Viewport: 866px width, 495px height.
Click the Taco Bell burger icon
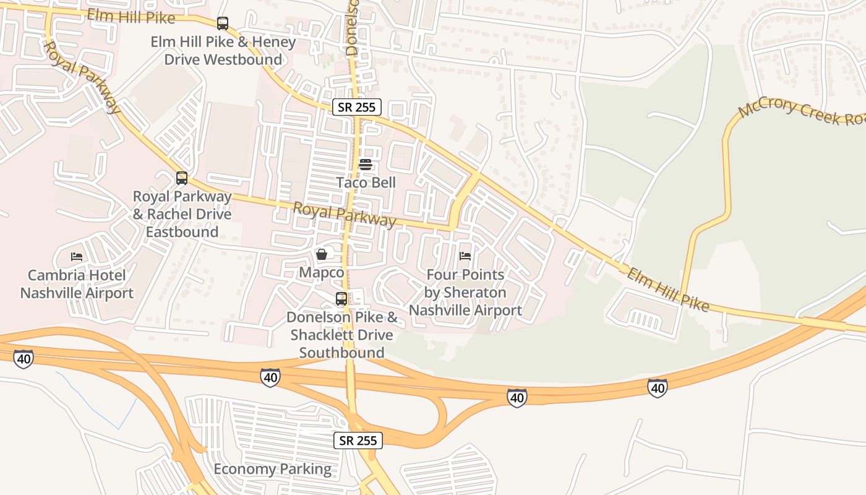365,165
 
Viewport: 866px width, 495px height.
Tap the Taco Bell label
366,183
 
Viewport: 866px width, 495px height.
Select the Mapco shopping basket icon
322,254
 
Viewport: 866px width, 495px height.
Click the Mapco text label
322,273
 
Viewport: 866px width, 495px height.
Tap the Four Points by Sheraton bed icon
465,256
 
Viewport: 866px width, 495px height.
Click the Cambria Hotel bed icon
77,256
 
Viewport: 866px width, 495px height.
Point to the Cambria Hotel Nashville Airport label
77,285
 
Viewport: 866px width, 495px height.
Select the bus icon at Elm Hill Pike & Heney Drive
223,24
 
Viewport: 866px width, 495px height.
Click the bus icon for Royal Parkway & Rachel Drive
182,178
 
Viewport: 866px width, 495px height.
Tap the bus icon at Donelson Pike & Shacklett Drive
341,299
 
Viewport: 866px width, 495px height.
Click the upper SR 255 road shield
357,107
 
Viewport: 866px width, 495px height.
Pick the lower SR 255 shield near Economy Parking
358,441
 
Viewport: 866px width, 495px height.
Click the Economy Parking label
272,469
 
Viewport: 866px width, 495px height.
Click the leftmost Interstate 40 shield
24,358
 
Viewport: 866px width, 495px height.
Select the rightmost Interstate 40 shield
658,388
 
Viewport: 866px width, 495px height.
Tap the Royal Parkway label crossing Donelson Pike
344,215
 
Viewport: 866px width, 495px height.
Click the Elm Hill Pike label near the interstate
667,290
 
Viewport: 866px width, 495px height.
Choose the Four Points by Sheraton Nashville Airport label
465,293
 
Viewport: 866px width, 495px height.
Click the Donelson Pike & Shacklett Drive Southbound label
341,335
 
